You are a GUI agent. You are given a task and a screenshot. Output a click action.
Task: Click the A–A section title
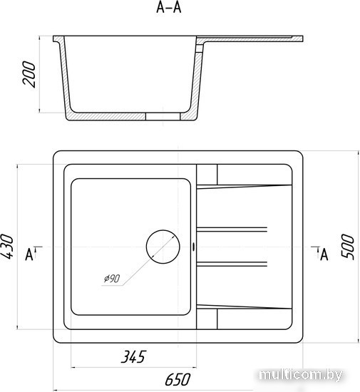[168, 8]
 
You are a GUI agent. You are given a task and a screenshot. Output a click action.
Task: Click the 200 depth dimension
[29, 74]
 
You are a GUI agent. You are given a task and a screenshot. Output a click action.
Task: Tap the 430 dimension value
[6, 247]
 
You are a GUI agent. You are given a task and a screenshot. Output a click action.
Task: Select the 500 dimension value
[348, 247]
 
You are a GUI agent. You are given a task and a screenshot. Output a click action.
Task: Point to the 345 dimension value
[133, 357]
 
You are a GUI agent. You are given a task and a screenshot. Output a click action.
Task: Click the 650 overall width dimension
[178, 379]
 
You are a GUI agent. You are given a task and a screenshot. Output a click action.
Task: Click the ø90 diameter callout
[112, 279]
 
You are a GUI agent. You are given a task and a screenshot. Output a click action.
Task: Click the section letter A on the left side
[29, 254]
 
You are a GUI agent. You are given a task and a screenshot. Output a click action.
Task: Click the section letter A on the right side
[324, 254]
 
